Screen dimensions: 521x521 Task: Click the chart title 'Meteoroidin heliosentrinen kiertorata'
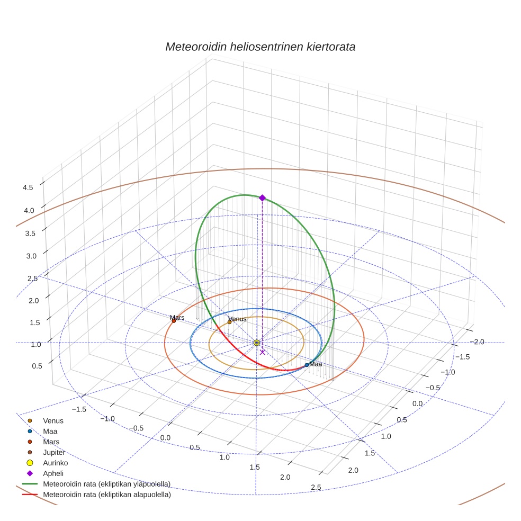click(x=260, y=47)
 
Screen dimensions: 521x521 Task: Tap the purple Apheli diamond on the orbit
click(x=262, y=197)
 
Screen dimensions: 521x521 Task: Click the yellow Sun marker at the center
click(x=257, y=343)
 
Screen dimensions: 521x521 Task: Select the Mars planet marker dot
click(x=174, y=321)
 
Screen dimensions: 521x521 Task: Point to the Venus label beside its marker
click(x=237, y=319)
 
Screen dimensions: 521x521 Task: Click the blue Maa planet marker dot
click(x=307, y=365)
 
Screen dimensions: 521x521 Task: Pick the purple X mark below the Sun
click(x=263, y=352)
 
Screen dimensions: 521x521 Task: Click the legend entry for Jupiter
click(x=54, y=453)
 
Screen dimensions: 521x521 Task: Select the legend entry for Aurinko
click(x=55, y=463)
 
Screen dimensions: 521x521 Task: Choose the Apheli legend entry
click(x=53, y=473)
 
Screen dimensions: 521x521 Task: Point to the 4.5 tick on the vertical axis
click(x=28, y=187)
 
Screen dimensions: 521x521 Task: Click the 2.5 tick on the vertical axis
click(x=32, y=279)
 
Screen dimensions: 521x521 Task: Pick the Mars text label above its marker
click(x=177, y=318)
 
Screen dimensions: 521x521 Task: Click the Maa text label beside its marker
click(x=316, y=364)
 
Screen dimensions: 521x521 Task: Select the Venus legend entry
click(x=53, y=421)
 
